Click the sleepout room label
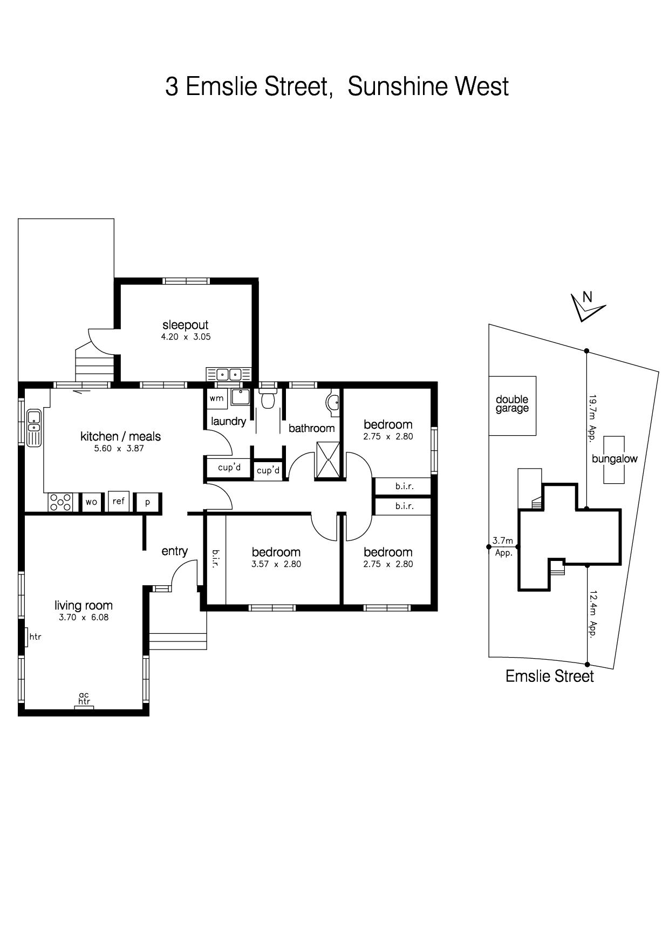(x=185, y=325)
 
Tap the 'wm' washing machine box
(x=216, y=399)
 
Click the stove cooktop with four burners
(x=60, y=502)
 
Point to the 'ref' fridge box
(x=119, y=501)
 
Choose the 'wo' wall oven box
(x=91, y=502)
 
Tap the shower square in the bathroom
(x=329, y=460)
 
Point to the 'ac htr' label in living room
(x=84, y=699)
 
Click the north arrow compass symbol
(x=587, y=307)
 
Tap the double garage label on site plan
(x=512, y=404)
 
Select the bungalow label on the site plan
(x=615, y=459)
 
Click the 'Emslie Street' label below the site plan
(x=549, y=677)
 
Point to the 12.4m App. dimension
(x=593, y=615)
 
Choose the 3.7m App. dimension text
(x=503, y=546)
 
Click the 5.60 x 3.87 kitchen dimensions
(x=120, y=448)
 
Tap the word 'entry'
(x=175, y=551)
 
